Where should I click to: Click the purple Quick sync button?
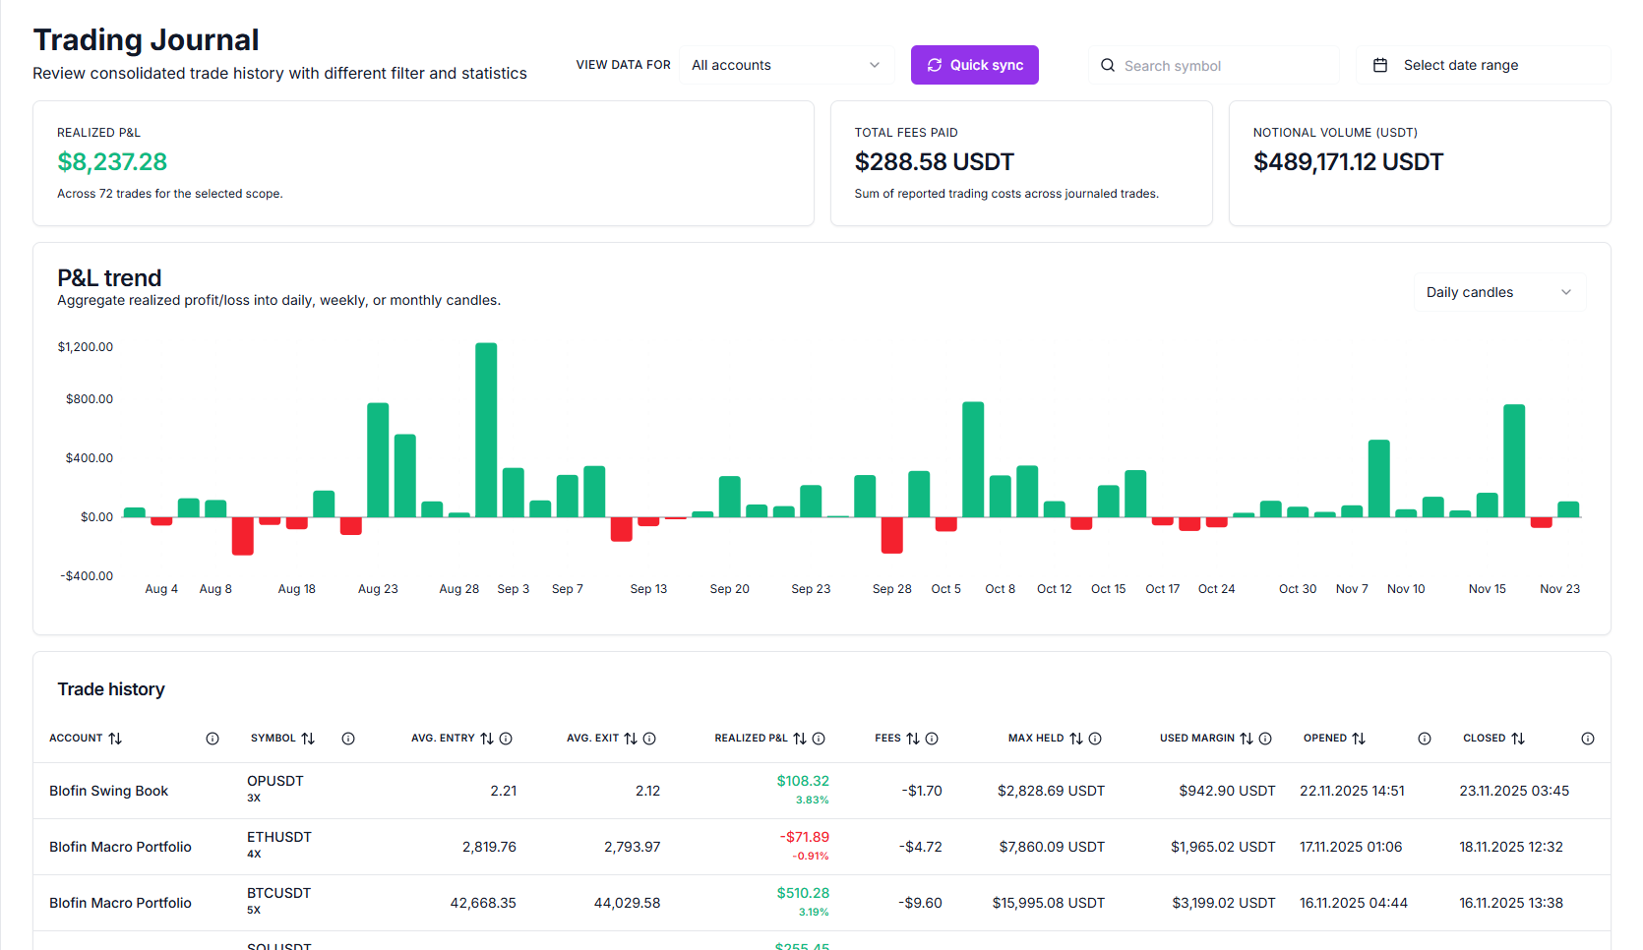974,65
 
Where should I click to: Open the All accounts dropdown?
786,65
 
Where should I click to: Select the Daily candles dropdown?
1498,292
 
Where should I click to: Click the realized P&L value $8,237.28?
112,162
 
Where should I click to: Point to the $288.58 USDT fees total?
934,162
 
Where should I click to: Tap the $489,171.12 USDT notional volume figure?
1347,162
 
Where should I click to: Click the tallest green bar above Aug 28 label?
486,429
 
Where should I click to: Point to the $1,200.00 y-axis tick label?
86,347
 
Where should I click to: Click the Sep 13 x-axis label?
648,589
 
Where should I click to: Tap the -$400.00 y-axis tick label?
87,576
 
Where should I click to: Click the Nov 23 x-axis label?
1559,589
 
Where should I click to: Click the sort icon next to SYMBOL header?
308,739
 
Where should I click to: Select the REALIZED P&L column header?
751,739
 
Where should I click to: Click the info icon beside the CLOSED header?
1587,739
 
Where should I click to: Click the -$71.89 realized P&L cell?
804,837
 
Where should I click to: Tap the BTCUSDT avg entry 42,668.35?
482,903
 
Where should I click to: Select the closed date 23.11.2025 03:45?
1513,791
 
